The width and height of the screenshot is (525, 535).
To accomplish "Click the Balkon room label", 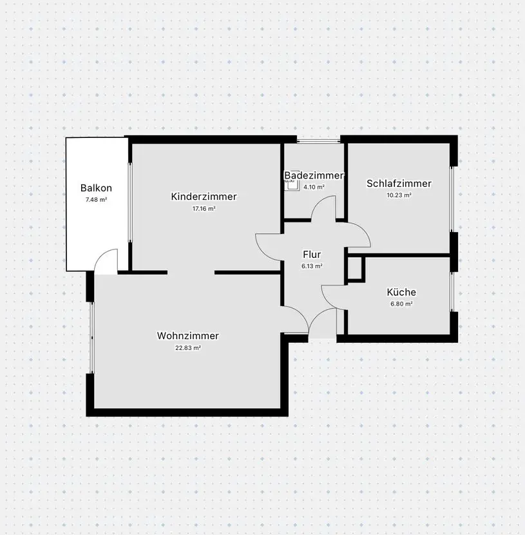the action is tap(96, 188).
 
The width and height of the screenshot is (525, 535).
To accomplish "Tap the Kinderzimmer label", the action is tap(204, 197).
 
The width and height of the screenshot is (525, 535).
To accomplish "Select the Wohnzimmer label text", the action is tap(188, 336).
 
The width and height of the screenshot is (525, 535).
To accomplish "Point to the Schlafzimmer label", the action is tap(399, 184).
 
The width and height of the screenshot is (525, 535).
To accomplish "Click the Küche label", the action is tap(401, 292).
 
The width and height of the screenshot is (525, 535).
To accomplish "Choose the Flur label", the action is tap(312, 255).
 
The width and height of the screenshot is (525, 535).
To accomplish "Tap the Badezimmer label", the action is tap(314, 175).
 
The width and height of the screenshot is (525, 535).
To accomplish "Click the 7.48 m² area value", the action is tap(96, 200).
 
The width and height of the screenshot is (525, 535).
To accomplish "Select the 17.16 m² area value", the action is tap(204, 208).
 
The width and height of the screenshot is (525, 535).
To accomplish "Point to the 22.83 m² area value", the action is tap(188, 348).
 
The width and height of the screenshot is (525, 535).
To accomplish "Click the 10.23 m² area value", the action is tap(399, 195).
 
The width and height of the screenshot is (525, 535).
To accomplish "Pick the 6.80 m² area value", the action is tap(401, 304).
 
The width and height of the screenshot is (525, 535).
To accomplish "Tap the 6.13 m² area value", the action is tap(312, 266).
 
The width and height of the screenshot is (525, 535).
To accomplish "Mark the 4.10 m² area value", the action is tap(314, 187).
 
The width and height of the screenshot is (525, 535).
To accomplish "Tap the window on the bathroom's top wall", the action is tap(318, 141).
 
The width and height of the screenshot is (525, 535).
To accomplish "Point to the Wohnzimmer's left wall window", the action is tap(91, 338).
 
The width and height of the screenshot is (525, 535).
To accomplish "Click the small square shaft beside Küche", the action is tap(354, 269).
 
